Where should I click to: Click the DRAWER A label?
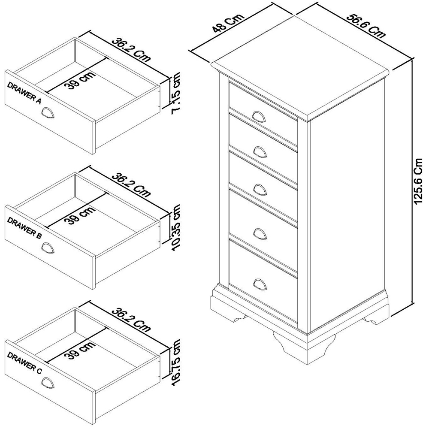(24, 93)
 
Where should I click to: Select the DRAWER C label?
(24, 363)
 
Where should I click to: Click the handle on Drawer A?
(48, 112)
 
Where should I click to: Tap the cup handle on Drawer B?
(48, 248)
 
